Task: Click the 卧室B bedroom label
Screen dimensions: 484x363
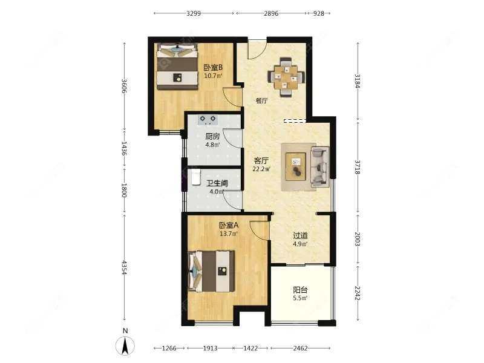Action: point(214,67)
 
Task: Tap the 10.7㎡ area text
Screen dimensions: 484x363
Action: point(213,75)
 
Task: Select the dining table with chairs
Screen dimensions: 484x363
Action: point(286,77)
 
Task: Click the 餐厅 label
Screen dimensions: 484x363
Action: point(261,100)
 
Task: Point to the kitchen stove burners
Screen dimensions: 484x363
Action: point(208,119)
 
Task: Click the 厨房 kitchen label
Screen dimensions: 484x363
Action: point(212,136)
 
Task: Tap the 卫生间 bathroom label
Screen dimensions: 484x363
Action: point(217,183)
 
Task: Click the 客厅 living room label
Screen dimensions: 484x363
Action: point(261,161)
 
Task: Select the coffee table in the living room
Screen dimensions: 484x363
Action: point(296,166)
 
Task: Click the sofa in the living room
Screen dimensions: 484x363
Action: point(320,167)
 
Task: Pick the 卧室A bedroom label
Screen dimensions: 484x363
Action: point(229,226)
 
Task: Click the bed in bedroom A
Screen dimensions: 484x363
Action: point(211,271)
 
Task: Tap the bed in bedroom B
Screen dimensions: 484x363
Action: point(177,67)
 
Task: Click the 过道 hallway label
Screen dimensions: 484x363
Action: point(300,236)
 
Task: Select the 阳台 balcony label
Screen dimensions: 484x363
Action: point(300,290)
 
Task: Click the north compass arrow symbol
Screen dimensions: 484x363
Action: point(125,346)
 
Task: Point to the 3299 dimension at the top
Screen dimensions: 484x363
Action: point(194,13)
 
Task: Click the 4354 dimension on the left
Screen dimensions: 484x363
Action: point(124,267)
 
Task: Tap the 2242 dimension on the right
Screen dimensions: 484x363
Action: point(358,293)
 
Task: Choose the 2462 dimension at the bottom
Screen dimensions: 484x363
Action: point(300,348)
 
